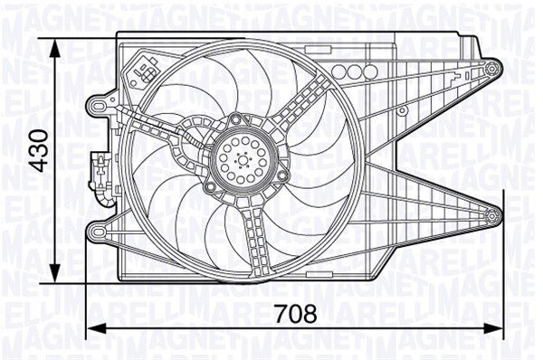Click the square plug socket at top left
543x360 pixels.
(x=145, y=65)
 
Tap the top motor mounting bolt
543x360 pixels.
(x=234, y=118)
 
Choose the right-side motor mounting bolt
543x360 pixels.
(x=283, y=174)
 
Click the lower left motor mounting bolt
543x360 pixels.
(x=210, y=187)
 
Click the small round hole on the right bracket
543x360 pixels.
(x=401, y=110)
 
